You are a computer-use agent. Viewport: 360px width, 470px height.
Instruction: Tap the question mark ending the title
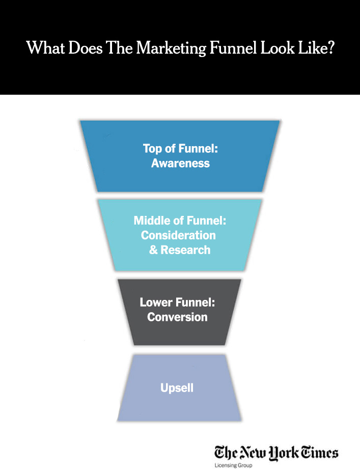[x=330, y=48]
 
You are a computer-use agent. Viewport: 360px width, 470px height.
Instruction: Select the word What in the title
[x=42, y=48]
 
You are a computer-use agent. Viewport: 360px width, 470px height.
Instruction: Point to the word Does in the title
[x=80, y=48]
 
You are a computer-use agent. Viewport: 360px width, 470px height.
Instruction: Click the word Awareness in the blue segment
[x=180, y=163]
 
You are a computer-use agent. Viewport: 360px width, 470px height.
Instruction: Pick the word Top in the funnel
[x=152, y=149]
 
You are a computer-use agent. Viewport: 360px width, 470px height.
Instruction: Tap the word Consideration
[x=178, y=235]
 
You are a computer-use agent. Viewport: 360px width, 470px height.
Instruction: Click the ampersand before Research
[x=153, y=250]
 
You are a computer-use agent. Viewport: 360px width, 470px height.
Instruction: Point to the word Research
[x=185, y=250]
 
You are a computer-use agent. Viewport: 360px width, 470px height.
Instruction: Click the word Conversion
[x=177, y=317]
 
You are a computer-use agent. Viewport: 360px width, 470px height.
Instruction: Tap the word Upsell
[x=177, y=389]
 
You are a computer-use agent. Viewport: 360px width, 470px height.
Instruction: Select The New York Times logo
[x=276, y=452]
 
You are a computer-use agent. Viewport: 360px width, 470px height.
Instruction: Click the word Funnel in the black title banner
[x=232, y=48]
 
